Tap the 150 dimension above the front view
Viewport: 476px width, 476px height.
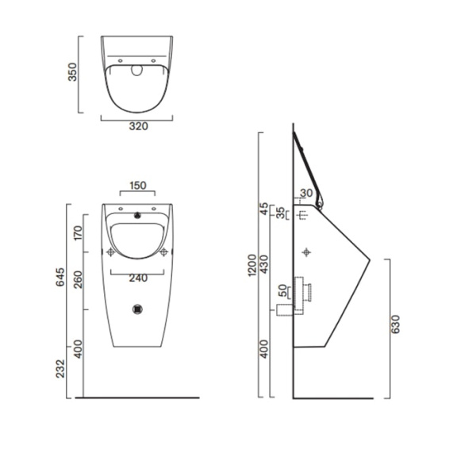pyautogui.click(x=137, y=186)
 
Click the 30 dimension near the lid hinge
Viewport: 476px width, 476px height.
pyautogui.click(x=307, y=194)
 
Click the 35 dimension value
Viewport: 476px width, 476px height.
pyautogui.click(x=280, y=213)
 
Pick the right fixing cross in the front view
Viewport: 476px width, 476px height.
pyautogui.click(x=164, y=252)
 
